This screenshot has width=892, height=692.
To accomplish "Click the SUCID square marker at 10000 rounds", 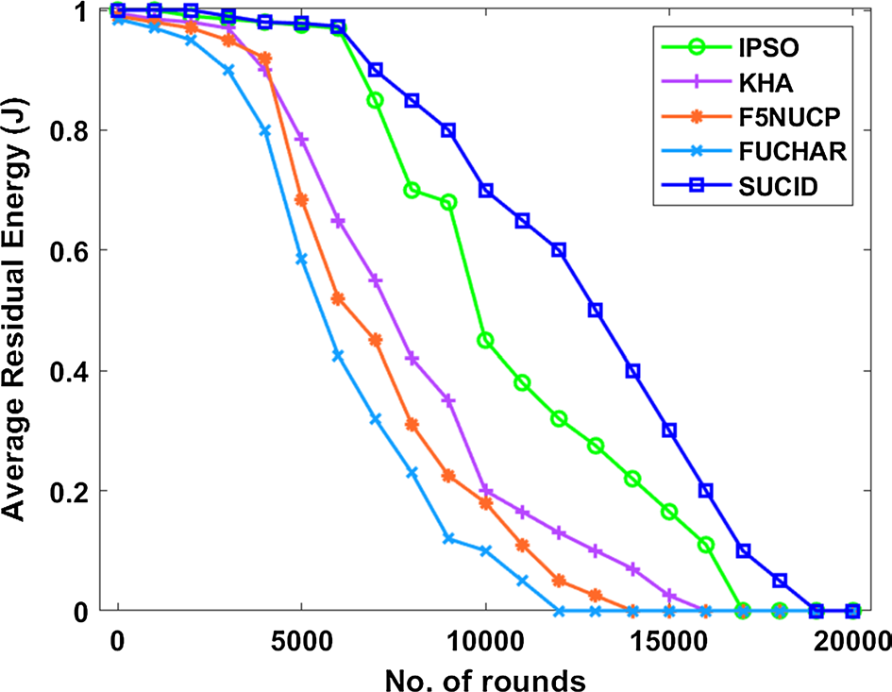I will (486, 190).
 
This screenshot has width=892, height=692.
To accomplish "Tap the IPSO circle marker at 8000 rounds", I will (412, 190).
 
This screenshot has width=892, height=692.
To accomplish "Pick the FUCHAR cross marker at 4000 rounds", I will (265, 131).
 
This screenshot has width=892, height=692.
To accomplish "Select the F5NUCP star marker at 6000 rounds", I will (338, 298).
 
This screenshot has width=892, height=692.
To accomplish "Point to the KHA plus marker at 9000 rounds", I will (449, 400).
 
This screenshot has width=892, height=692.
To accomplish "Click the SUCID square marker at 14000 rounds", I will (632, 371).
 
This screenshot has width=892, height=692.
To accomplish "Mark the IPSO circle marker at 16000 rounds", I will (706, 545).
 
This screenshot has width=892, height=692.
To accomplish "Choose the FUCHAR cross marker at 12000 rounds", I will (559, 611).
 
